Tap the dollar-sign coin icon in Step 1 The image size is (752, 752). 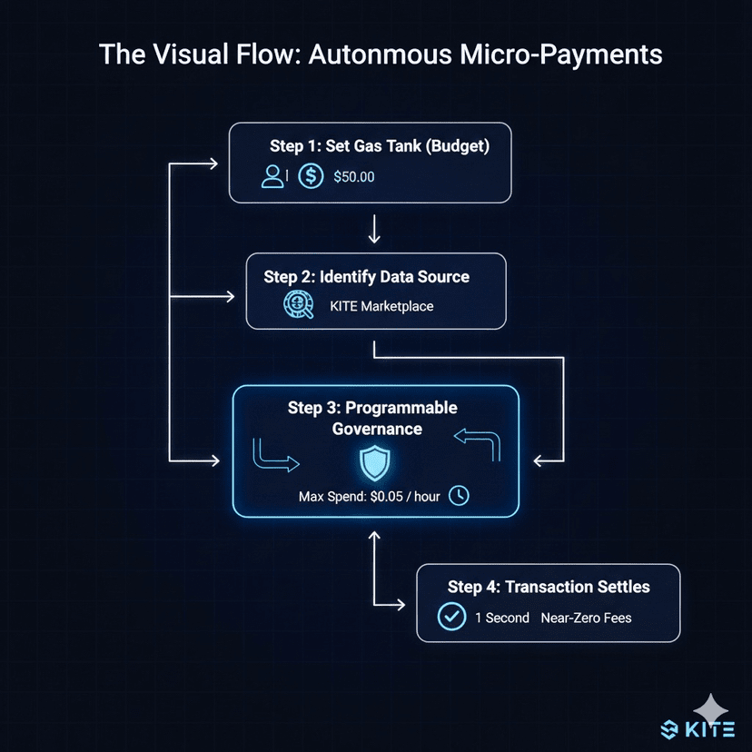[311, 176]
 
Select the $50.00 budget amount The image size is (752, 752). [353, 177]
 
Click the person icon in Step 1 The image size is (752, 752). [272, 176]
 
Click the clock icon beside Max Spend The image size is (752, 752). [460, 496]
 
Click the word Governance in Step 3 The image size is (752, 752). [376, 429]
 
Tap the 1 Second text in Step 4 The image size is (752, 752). [501, 618]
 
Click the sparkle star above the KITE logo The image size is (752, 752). [710, 707]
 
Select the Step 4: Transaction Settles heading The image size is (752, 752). [549, 587]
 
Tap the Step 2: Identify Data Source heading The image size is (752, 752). [367, 276]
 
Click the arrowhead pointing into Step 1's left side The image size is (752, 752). [214, 164]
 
